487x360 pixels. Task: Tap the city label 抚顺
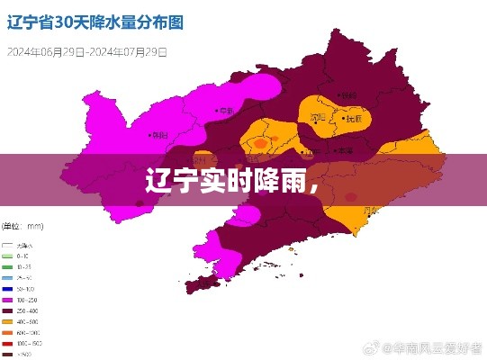355,118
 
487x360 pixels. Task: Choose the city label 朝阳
158,135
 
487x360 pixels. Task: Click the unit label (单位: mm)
24,225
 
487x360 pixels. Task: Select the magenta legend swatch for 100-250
8,300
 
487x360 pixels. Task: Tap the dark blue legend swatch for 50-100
8,289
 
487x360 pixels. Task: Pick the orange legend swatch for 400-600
8,321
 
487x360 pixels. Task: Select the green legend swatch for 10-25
8,266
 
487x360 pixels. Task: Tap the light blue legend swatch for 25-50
8,277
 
